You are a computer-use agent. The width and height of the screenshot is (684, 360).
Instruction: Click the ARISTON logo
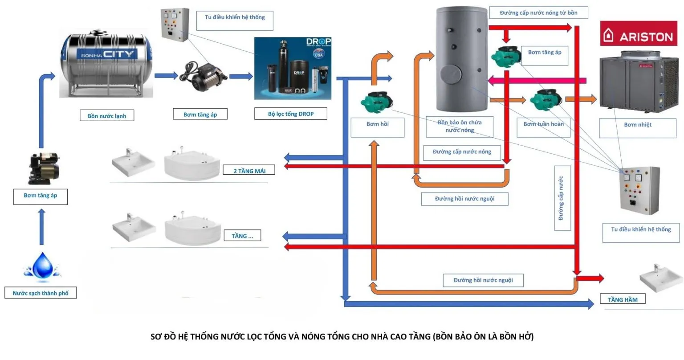click(638, 34)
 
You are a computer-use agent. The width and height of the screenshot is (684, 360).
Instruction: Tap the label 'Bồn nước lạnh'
click(107, 116)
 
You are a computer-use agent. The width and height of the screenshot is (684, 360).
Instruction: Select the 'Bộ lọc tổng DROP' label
click(291, 114)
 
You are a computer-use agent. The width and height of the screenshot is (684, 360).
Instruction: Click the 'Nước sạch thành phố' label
click(41, 293)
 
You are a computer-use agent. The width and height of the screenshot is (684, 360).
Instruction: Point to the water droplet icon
click(43, 266)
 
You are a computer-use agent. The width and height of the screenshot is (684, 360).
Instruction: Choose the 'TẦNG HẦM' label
click(623, 300)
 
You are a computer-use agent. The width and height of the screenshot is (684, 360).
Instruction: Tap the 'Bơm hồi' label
click(377, 124)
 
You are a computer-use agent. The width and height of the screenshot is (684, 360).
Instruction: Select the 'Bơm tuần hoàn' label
click(543, 124)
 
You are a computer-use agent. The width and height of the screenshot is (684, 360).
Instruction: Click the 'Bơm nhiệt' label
click(637, 125)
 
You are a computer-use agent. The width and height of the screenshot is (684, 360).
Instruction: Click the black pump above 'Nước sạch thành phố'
click(43, 168)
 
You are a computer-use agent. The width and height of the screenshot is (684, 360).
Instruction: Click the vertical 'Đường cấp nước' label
click(562, 198)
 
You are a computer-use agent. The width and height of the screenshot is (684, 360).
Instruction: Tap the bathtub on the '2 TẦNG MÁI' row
click(192, 163)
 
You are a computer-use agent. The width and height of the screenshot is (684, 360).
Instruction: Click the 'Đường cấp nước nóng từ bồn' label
click(538, 13)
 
